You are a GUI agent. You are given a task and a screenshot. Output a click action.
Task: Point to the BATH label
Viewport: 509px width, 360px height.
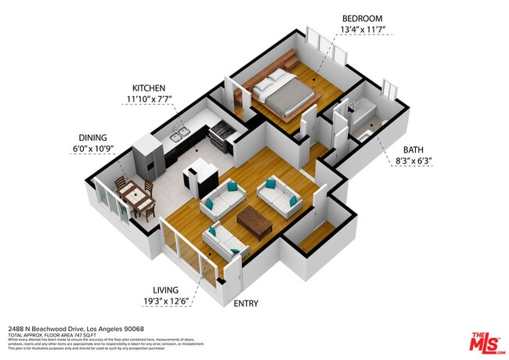(414, 149)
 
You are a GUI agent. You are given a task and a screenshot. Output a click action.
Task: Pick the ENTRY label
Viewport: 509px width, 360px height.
(246, 303)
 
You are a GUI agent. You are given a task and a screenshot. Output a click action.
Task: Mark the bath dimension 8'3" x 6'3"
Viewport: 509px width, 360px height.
(414, 161)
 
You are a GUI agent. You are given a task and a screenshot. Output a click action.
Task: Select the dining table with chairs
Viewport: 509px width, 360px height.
(135, 194)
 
